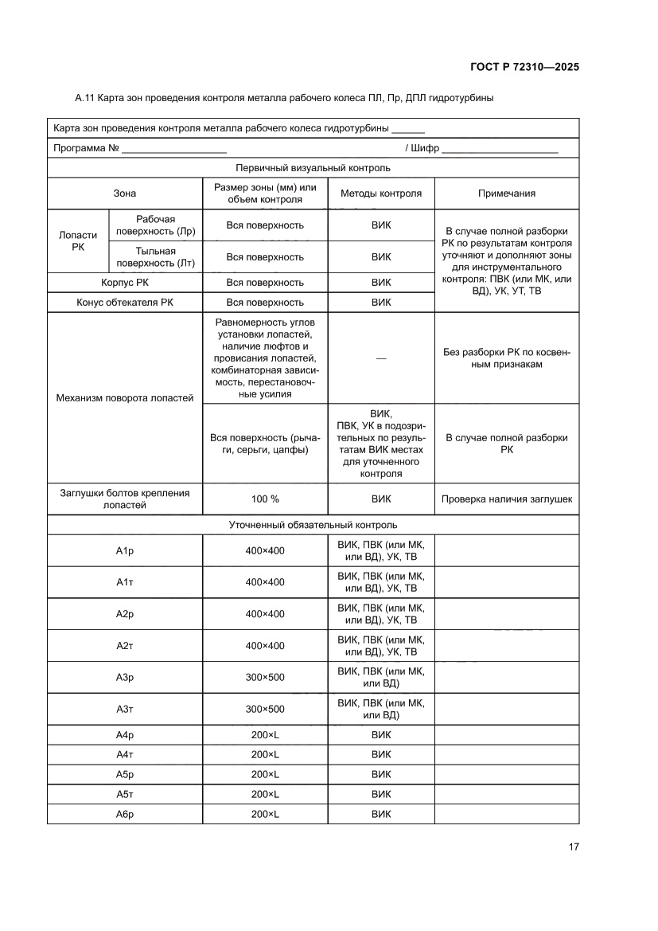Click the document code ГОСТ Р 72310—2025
coord(522,67)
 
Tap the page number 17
coord(573,847)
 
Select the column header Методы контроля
coord(381,194)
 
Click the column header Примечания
coord(506,194)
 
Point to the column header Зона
coord(125,194)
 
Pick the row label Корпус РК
coord(125,283)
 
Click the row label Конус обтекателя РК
coord(125,303)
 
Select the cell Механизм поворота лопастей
coord(125,398)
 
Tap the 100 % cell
coord(265,499)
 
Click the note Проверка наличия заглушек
coord(506,499)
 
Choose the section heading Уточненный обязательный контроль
coord(313,526)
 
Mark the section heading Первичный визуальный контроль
coord(313,168)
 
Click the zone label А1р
coord(125,550)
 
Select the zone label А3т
coord(125,709)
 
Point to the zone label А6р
coord(125,814)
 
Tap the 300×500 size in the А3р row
coord(265,677)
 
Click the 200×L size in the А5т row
coord(265,794)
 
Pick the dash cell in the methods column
coord(381,358)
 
